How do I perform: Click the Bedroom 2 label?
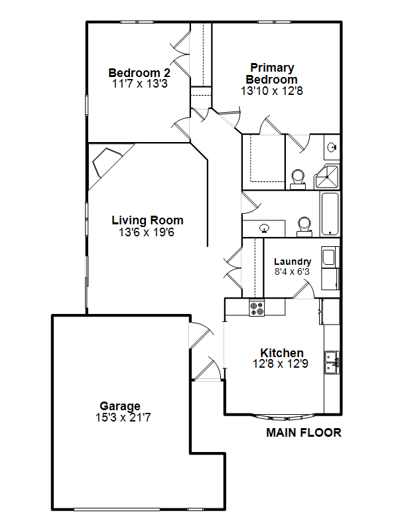pos(139,73)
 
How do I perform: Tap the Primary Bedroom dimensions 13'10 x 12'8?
pos(272,91)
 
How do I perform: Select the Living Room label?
pos(147,220)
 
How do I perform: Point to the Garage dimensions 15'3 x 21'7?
pos(123,417)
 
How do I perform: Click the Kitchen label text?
pos(281,352)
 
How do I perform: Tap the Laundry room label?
pos(293,262)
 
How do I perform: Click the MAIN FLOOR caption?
pos(304,433)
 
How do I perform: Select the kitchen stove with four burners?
pos(257,308)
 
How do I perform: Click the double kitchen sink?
pos(332,362)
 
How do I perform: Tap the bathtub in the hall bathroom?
pos(329,214)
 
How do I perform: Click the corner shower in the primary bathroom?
pos(326,177)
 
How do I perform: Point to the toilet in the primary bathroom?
pos(298,179)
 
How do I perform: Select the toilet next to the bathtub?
pos(304,226)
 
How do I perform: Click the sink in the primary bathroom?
pos(332,147)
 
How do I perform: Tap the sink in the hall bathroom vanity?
pos(264,228)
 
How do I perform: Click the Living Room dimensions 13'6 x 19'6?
pos(147,232)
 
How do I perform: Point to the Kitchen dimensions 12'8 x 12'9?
pos(281,364)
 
